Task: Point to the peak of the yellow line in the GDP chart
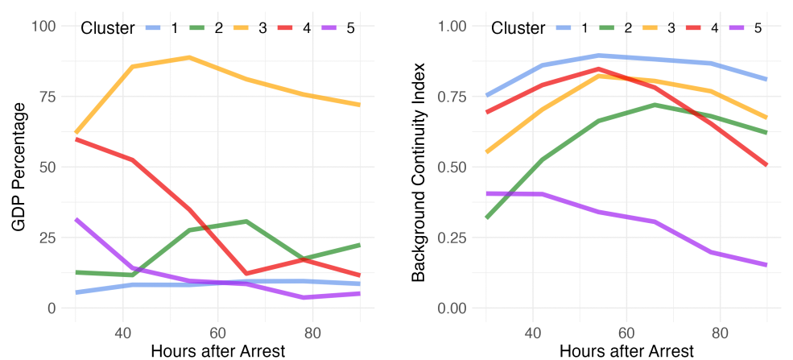(x=189, y=57)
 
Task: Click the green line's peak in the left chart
(x=246, y=221)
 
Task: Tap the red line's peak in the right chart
(x=599, y=69)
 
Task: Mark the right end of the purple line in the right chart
(x=766, y=264)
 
